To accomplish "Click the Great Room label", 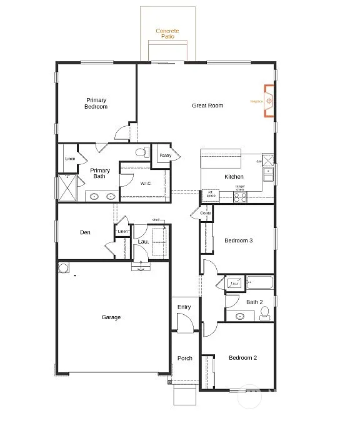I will point(207,106).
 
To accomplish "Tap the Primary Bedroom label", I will point(96,104).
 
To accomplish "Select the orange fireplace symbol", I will point(269,101).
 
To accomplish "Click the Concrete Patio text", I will point(167,34).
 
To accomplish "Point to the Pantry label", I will point(165,156).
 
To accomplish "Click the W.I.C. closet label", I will point(146,183).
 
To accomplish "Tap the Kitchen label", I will point(234,177).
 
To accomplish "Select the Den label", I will point(85,233).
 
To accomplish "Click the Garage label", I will point(111,317).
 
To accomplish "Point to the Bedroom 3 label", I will point(239,240).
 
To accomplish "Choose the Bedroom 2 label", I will point(242,358).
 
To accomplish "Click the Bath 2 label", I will point(254,302).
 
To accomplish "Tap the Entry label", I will point(184,307).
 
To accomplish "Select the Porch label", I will point(184,359).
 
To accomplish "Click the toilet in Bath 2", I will point(266,313).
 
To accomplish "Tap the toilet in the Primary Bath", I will point(141,152).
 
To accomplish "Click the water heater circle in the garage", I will point(64,269).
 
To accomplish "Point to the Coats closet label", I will point(206,214).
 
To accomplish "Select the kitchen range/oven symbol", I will point(240,197).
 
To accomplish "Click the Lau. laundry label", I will point(142,242).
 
